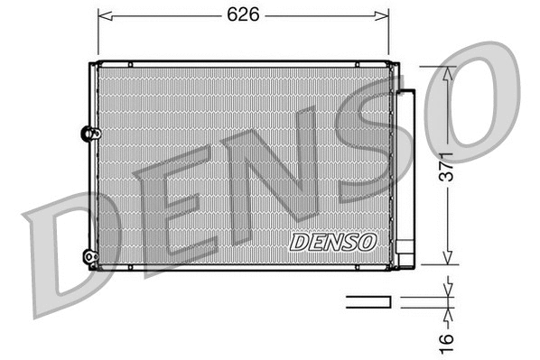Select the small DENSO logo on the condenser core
(x=333, y=242)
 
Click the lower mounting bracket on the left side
(x=89, y=256)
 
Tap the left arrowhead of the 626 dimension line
(x=102, y=15)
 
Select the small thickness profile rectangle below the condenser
(x=369, y=301)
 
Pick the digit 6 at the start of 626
(x=229, y=15)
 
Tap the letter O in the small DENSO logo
(x=367, y=242)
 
